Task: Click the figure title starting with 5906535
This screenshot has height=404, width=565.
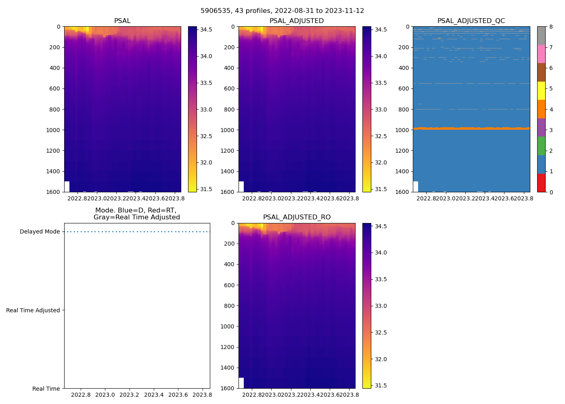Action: click(282, 11)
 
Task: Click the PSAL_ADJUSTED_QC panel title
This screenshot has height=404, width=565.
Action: click(471, 21)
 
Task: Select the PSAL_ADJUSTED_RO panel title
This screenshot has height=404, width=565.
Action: click(297, 217)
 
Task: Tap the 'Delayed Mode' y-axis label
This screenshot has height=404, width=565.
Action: click(40, 232)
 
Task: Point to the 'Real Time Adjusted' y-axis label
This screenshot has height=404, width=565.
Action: click(33, 310)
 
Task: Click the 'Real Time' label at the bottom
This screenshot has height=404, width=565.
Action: click(46, 389)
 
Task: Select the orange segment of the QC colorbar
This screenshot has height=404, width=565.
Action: click(541, 109)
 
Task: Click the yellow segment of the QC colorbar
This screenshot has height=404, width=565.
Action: click(541, 91)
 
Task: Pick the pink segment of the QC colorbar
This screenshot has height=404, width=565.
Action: click(541, 54)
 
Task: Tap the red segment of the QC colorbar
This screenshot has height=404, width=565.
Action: click(541, 183)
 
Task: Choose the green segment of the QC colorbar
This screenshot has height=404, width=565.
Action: click(541, 146)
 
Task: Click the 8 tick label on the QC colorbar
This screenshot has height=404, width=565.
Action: click(551, 27)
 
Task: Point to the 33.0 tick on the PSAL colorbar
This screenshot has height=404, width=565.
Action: click(206, 109)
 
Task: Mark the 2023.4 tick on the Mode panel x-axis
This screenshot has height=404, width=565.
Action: click(154, 395)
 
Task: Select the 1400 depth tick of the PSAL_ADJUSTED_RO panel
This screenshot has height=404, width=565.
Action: click(228, 368)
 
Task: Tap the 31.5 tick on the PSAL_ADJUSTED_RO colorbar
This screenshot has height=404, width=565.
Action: click(381, 385)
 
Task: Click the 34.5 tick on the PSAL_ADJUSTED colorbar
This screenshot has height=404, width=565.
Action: click(381, 29)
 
